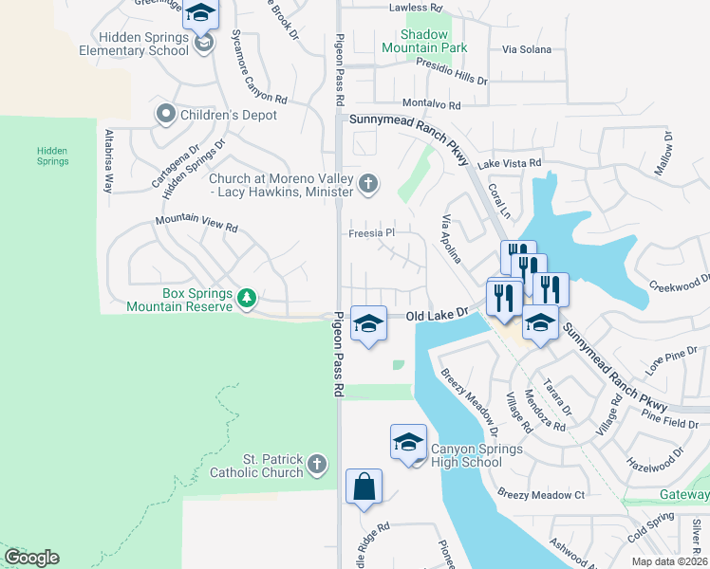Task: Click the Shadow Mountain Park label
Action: coord(425,41)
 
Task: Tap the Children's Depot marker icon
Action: coord(165,115)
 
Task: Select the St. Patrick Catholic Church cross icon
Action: coord(317,464)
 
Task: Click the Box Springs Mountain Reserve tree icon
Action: coord(247,298)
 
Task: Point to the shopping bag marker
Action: coord(364,488)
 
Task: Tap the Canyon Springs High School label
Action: coord(476,455)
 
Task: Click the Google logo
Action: coord(31,558)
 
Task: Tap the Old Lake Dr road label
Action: coord(439,313)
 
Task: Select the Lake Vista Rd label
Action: coord(510,164)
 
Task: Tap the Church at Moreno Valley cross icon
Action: coord(368,183)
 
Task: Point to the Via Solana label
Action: coord(527,49)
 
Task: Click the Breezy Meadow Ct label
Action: coord(540,494)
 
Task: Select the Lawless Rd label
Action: coord(416,8)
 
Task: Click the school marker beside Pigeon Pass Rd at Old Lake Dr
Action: coord(368,323)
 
